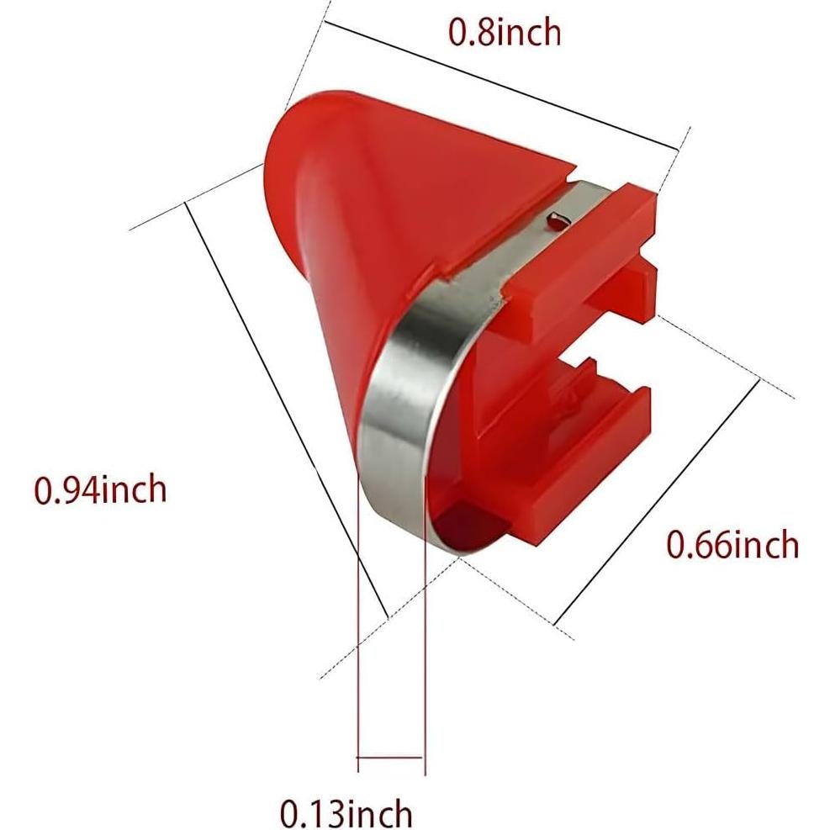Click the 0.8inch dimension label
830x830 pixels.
point(505,32)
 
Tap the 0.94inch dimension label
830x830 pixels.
point(101,489)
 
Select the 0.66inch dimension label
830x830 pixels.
point(732,544)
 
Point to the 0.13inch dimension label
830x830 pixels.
point(346,812)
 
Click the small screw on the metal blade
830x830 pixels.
point(557,220)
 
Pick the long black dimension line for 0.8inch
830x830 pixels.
point(501,86)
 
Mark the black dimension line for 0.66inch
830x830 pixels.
point(657,502)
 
